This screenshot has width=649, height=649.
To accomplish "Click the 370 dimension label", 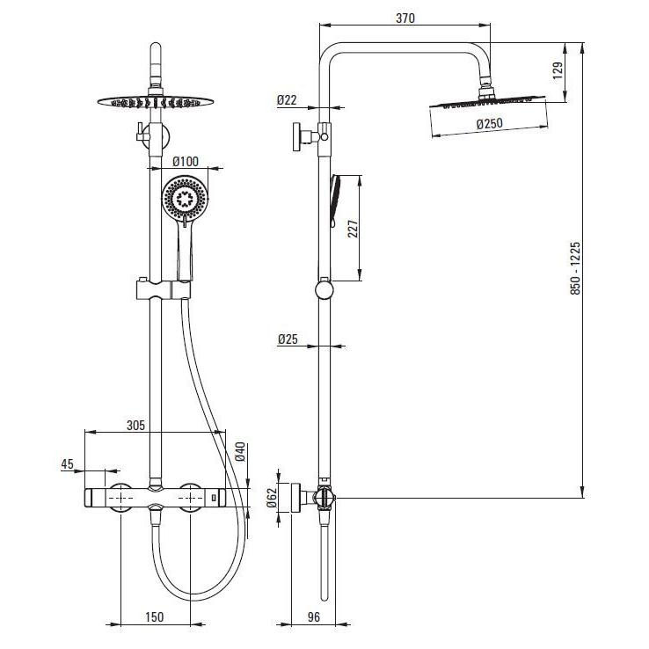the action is click(x=405, y=18).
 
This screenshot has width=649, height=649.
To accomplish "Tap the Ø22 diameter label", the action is click(x=287, y=100).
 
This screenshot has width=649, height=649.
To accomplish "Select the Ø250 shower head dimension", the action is click(x=489, y=123).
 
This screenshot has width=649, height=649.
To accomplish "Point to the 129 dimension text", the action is click(x=558, y=70).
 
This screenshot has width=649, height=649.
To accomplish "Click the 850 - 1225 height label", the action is click(x=575, y=268).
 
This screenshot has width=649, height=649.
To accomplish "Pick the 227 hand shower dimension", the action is click(x=353, y=229).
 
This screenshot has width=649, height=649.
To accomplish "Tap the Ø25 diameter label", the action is click(x=288, y=339).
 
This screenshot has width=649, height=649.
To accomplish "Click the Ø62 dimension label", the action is click(x=272, y=498).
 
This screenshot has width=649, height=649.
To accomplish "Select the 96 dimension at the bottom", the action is click(x=314, y=616).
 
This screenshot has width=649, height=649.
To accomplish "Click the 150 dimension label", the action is click(x=155, y=616).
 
